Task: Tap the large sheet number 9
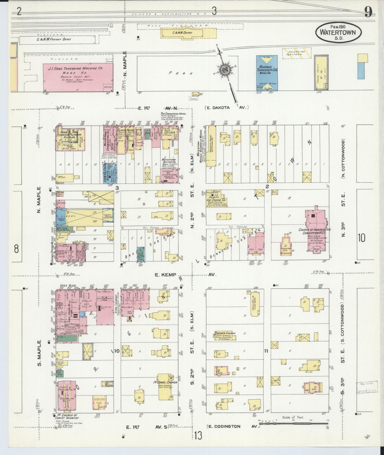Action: [x=368, y=11]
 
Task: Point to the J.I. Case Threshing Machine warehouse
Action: [x=78, y=77]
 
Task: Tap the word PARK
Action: [x=180, y=73]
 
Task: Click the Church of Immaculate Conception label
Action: [x=315, y=231]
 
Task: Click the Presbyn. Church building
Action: [x=225, y=336]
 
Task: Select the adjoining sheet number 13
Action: [x=198, y=436]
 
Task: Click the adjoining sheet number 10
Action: [x=361, y=238]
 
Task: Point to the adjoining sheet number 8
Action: [x=16, y=249]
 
